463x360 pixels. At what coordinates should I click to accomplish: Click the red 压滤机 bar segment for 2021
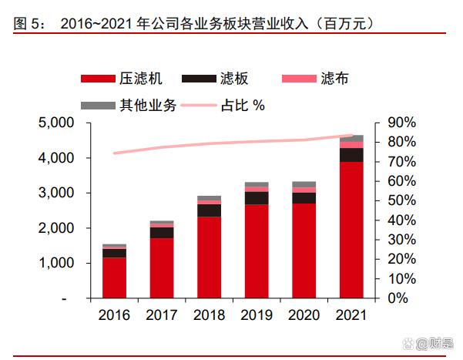[x=351, y=230]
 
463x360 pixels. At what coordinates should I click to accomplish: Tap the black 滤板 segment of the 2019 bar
[x=257, y=198]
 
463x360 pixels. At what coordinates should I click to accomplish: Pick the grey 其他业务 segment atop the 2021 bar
[x=351, y=139]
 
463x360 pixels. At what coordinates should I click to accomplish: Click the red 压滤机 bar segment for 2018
[x=209, y=257]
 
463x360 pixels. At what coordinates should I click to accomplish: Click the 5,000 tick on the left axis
[x=55, y=123]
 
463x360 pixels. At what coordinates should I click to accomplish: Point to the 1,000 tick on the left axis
[x=55, y=264]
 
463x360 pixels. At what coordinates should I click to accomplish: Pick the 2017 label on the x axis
[x=162, y=316]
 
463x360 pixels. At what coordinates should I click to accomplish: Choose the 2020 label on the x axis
[x=304, y=316]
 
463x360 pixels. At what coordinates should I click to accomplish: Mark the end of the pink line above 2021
[x=353, y=136]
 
